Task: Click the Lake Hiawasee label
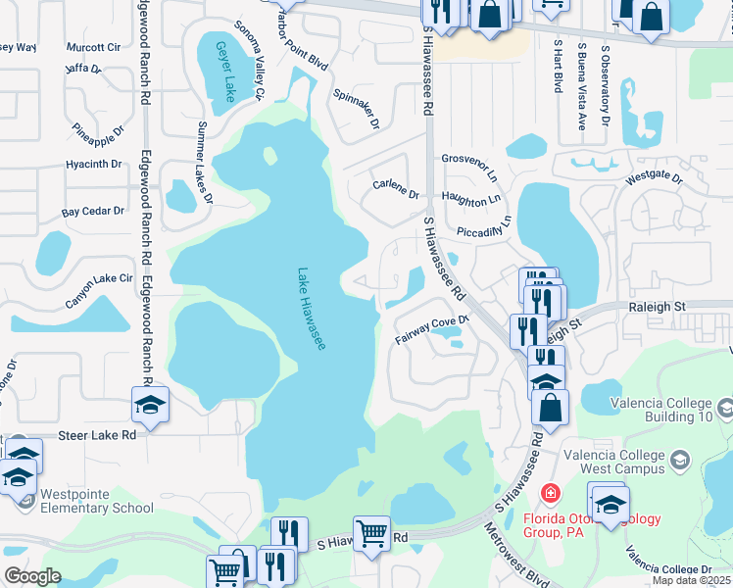(313, 311)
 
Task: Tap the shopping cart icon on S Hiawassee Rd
(372, 534)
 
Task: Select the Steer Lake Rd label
(96, 434)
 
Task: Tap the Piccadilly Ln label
(485, 230)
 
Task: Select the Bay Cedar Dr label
(93, 211)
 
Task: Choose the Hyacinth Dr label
(94, 164)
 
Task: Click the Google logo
(32, 576)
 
